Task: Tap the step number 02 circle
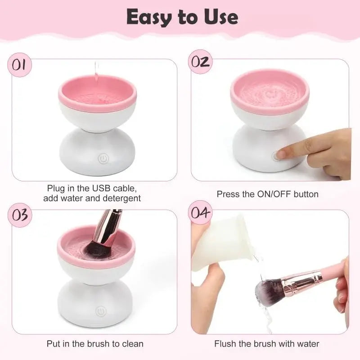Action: [199, 62]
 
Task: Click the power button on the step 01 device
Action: [102, 158]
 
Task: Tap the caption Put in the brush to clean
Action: [95, 344]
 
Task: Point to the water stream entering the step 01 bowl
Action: [96, 72]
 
